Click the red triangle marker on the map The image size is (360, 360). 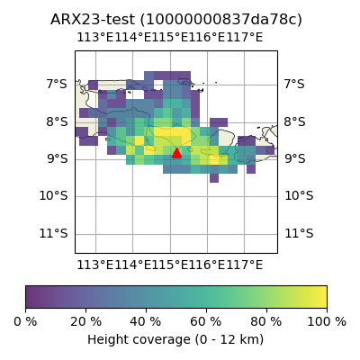tap(176, 153)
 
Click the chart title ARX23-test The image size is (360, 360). tap(93, 20)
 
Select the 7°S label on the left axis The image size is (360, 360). tap(57, 84)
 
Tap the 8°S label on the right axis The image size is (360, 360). tap(295, 122)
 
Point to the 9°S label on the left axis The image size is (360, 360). tap(57, 158)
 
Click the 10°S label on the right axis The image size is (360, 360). tap(299, 196)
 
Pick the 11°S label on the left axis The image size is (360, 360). tap(53, 233)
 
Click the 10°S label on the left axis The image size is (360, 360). tap(53, 196)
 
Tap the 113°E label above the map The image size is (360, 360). tap(95, 38)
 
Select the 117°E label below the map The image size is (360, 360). tap(245, 265)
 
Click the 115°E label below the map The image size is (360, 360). tap(170, 265)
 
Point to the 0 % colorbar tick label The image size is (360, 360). tap(25, 322)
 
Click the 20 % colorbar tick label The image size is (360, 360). tap(85, 322)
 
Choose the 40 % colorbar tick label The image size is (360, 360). tap(146, 322)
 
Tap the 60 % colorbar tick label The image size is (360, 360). tap(206, 322)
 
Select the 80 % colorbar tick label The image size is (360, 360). tap(266, 322)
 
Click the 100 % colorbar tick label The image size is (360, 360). tap(327, 322)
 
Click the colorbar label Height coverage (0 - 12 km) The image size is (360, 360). tap(175, 340)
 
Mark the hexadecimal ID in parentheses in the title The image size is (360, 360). tap(221, 20)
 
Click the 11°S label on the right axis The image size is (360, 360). tap(299, 233)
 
